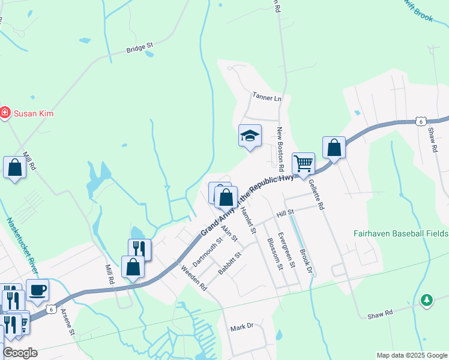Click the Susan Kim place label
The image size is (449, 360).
pyautogui.click(x=34, y=113)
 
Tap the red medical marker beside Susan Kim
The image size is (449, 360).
pyautogui.click(x=5, y=113)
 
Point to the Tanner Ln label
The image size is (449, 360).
pyautogui.click(x=267, y=97)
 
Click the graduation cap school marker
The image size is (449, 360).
pyautogui.click(x=250, y=136)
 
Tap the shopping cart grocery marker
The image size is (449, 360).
pyautogui.click(x=304, y=163)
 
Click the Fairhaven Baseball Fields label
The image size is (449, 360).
pyautogui.click(x=401, y=233)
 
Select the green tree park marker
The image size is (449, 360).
pyautogui.click(x=426, y=299)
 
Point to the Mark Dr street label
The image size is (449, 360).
pyautogui.click(x=243, y=328)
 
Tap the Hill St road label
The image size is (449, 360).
pyautogui.click(x=285, y=213)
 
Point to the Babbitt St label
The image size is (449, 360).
pyautogui.click(x=229, y=263)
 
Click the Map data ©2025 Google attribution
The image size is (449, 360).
pyautogui.click(x=412, y=355)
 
